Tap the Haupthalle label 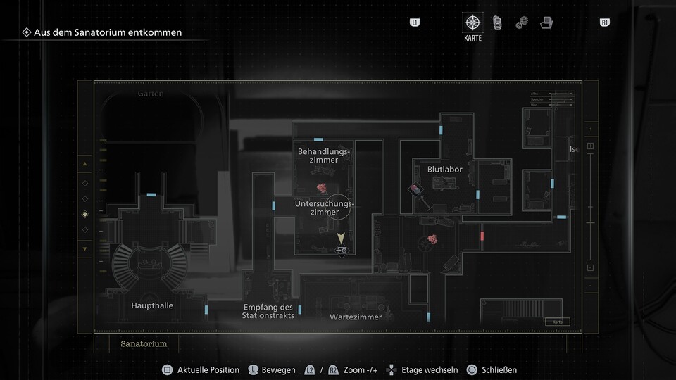point(152,305)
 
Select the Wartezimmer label point(356,317)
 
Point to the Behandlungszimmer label point(323,156)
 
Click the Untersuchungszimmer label point(324,208)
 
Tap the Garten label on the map point(151,94)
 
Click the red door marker point(482,236)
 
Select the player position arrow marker point(342,239)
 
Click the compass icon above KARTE point(472,23)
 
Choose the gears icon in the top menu point(521,23)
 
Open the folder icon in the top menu point(546,23)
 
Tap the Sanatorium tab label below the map point(144,343)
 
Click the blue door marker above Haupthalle point(151,194)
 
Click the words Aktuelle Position point(208,369)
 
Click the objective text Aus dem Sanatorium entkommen point(107,32)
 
